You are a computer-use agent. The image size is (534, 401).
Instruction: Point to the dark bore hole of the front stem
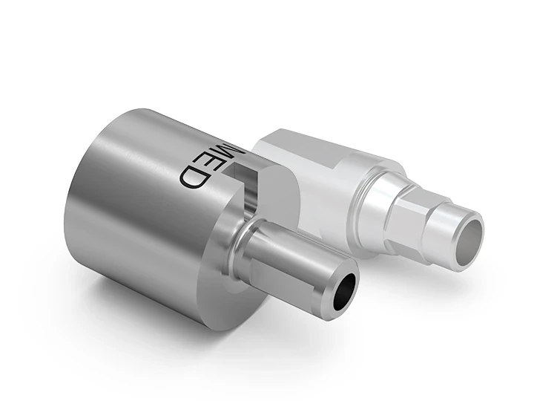(343, 290)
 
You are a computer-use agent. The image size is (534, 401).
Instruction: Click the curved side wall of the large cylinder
(133, 208)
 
